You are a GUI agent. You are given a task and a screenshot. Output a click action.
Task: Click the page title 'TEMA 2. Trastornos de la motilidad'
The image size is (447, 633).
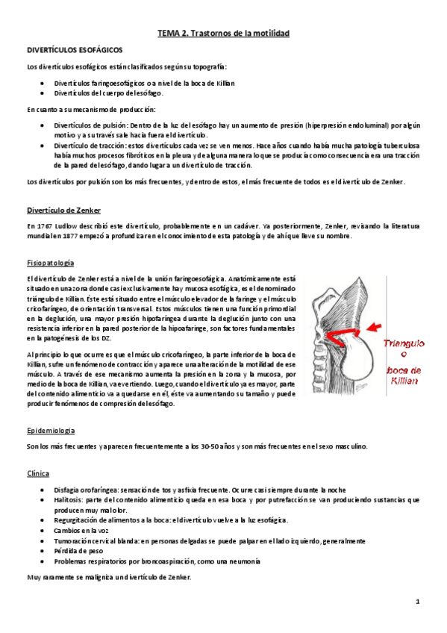click(223, 34)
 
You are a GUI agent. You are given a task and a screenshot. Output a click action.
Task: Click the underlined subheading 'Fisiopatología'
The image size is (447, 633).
click(50, 264)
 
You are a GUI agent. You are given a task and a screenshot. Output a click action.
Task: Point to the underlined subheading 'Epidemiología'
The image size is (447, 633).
click(51, 431)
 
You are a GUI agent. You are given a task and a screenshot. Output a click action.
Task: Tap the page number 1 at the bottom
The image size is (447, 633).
click(419, 601)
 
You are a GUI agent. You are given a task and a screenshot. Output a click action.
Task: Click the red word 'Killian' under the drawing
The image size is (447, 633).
click(404, 380)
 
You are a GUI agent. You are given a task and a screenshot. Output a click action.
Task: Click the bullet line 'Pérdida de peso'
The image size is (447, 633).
click(78, 550)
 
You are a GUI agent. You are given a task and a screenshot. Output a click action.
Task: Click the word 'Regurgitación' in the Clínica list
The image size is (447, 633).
click(78, 520)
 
